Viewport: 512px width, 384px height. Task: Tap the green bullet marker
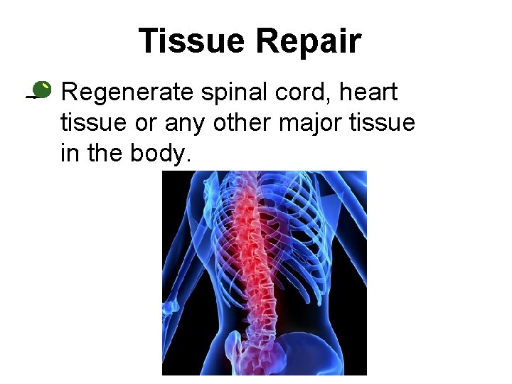[41, 90]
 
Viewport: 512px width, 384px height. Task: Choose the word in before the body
[69, 154]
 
